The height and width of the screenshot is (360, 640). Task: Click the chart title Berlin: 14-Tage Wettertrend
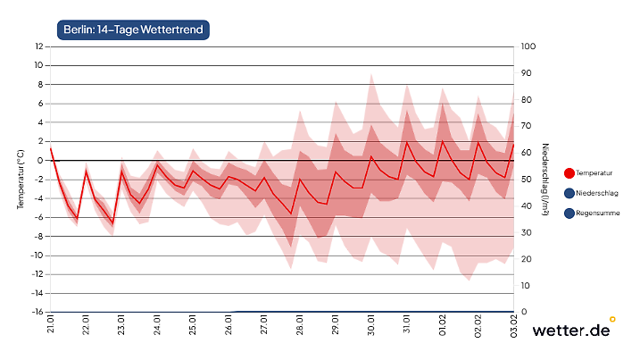(133, 30)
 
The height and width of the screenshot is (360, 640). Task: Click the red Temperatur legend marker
(569, 172)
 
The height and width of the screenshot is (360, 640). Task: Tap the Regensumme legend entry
(597, 213)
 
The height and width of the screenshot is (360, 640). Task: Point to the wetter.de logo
(572, 331)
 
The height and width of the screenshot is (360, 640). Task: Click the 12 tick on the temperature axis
(38, 46)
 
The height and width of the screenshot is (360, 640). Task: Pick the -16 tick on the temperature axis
(37, 312)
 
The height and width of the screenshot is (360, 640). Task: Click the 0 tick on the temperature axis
(40, 161)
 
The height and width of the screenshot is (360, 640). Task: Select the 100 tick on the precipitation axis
(528, 46)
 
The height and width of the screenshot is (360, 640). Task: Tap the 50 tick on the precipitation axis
(527, 180)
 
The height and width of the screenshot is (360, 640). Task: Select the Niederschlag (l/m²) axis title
(545, 179)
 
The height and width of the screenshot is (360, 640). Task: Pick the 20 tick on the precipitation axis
(527, 259)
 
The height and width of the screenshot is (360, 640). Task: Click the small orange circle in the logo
(612, 318)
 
